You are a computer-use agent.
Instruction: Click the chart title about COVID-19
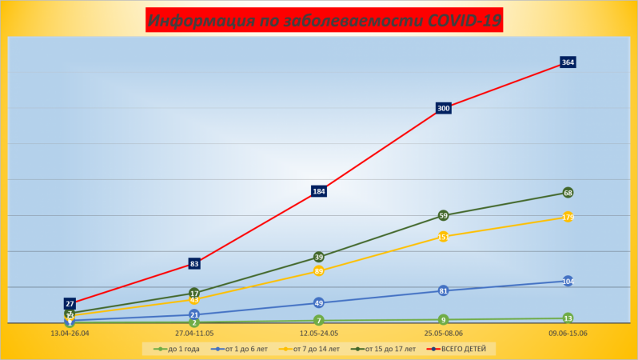pyautogui.click(x=324, y=20)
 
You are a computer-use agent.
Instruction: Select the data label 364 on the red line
pyautogui.click(x=568, y=62)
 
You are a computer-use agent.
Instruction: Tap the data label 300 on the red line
pyautogui.click(x=444, y=108)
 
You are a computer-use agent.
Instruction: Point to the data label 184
pyautogui.click(x=319, y=191)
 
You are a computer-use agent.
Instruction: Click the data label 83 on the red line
pyautogui.click(x=194, y=263)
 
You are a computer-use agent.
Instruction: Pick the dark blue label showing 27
pyautogui.click(x=70, y=304)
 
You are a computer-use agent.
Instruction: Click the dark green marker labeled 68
pyautogui.click(x=568, y=193)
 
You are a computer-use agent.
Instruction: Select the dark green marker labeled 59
pyautogui.click(x=444, y=215)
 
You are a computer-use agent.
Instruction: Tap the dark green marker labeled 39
pyautogui.click(x=319, y=257)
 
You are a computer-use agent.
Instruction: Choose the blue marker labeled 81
pyautogui.click(x=444, y=290)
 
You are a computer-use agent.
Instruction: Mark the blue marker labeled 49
pyautogui.click(x=319, y=303)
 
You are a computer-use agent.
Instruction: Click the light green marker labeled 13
pyautogui.click(x=568, y=318)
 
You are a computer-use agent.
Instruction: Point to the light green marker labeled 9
pyautogui.click(x=444, y=319)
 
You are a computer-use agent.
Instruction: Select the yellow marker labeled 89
pyautogui.click(x=319, y=271)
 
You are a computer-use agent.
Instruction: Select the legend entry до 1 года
pyautogui.click(x=177, y=349)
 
